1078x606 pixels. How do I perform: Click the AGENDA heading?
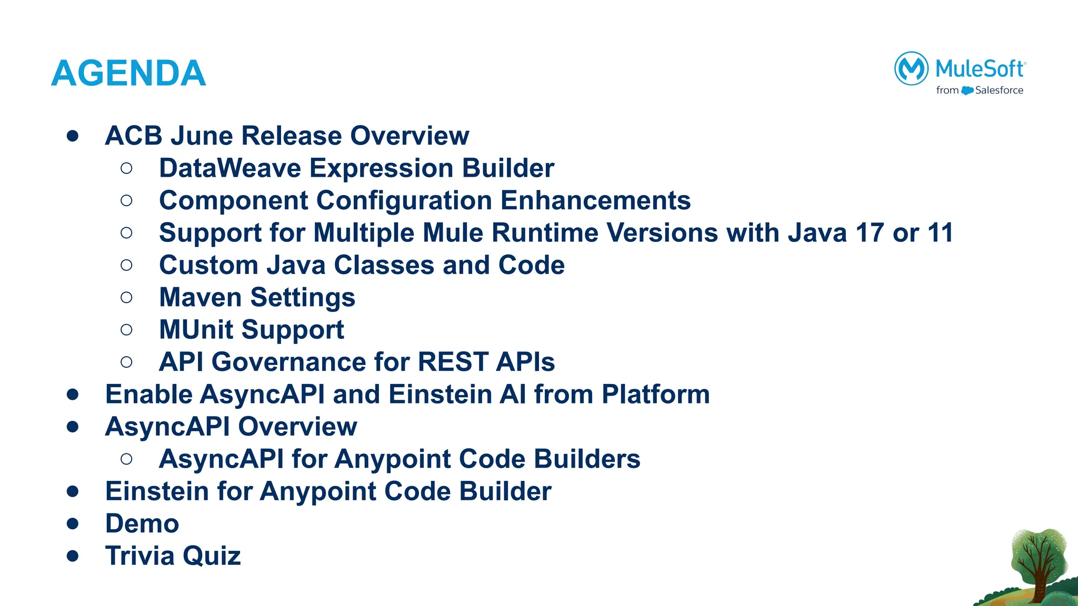tap(128, 73)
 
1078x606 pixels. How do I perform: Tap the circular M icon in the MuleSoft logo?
tap(911, 68)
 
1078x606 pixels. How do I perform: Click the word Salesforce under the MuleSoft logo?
tap(999, 90)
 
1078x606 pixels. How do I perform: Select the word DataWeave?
tap(229, 168)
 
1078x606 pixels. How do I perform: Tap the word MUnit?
tap(196, 330)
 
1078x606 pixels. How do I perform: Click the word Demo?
tap(142, 523)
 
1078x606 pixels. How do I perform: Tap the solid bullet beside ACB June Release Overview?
tap(73, 136)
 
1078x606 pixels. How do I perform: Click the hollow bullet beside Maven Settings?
tap(126, 298)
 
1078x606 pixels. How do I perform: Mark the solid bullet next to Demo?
tap(73, 524)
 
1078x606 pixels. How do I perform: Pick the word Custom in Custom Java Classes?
tap(208, 265)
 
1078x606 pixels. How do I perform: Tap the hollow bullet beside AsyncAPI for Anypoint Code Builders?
tap(126, 459)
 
